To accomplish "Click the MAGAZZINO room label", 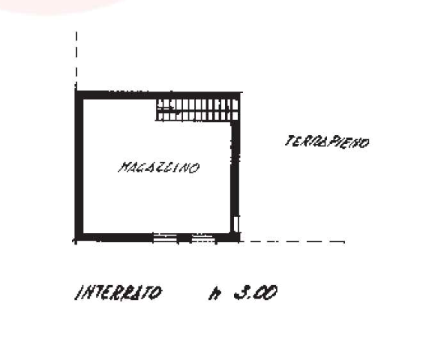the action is pos(159,168).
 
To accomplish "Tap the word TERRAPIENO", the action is pos(327,142).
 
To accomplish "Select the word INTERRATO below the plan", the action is pos(118,292).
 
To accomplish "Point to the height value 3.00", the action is pos(256,292).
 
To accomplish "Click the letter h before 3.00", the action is pos(214,294).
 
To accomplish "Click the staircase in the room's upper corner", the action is pos(196,109).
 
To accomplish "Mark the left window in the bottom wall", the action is pos(165,238).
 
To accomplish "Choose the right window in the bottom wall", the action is pos(203,238).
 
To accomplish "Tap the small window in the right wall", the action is pos(236,223).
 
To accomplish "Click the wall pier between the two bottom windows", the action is pos(184,238).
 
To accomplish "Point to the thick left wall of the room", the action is pos(79,166).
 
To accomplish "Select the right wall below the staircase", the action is pos(235,168).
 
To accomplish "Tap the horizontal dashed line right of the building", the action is pos(292,241).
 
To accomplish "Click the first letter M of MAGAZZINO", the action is pos(124,167).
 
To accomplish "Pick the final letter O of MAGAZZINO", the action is pos(195,169).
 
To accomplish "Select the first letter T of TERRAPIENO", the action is pos(289,141).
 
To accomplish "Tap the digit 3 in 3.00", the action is pos(241,292).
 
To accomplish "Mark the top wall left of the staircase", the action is pos(115,95).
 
